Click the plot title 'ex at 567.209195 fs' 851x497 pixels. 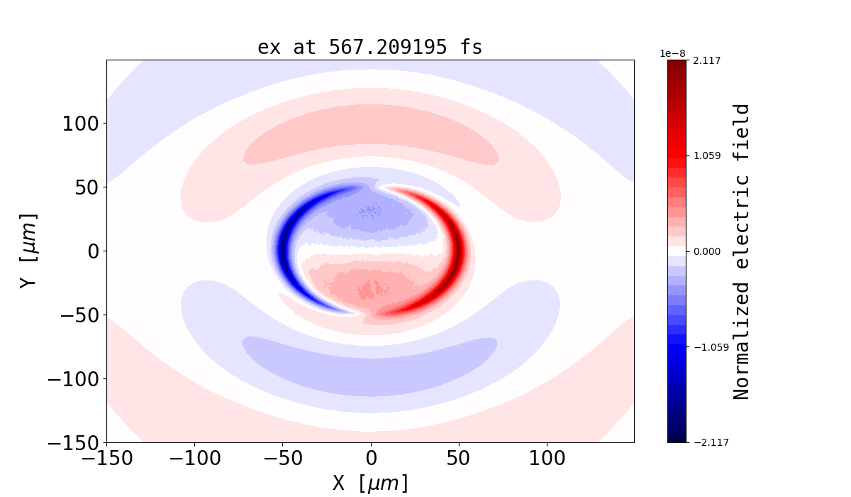point(369,48)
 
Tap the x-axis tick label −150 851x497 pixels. point(106,459)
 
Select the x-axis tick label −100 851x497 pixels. point(194,459)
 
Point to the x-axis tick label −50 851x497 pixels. point(282,459)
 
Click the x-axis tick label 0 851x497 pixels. point(371,459)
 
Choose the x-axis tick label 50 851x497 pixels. point(459,459)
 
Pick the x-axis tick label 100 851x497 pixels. point(547,459)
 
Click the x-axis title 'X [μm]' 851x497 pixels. point(370,483)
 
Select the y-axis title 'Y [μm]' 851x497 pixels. point(28,251)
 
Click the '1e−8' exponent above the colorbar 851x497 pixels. point(672,53)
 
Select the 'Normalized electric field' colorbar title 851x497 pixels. point(742,251)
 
